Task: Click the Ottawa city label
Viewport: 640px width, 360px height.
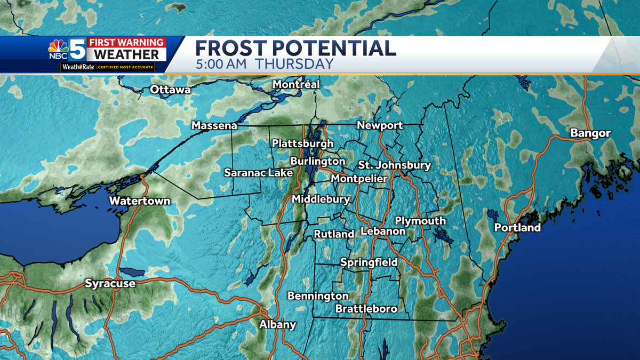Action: (170, 90)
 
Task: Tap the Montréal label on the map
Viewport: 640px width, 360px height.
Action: (296, 84)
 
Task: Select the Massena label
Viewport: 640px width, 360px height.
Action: (214, 126)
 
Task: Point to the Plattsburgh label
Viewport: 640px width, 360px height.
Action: (302, 143)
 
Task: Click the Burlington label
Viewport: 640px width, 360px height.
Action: (318, 161)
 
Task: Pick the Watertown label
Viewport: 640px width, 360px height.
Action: (140, 201)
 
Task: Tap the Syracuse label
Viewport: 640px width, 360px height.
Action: (110, 284)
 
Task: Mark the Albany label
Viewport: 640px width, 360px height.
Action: (277, 325)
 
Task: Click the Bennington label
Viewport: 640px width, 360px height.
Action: (318, 295)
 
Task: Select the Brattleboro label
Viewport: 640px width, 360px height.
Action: (366, 309)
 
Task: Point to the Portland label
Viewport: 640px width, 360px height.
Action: (517, 228)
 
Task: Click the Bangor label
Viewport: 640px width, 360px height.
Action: (590, 133)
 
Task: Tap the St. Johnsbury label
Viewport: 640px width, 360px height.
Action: (394, 165)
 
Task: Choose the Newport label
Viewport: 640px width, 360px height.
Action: (380, 125)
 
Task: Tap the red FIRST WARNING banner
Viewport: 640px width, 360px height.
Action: (127, 42)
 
